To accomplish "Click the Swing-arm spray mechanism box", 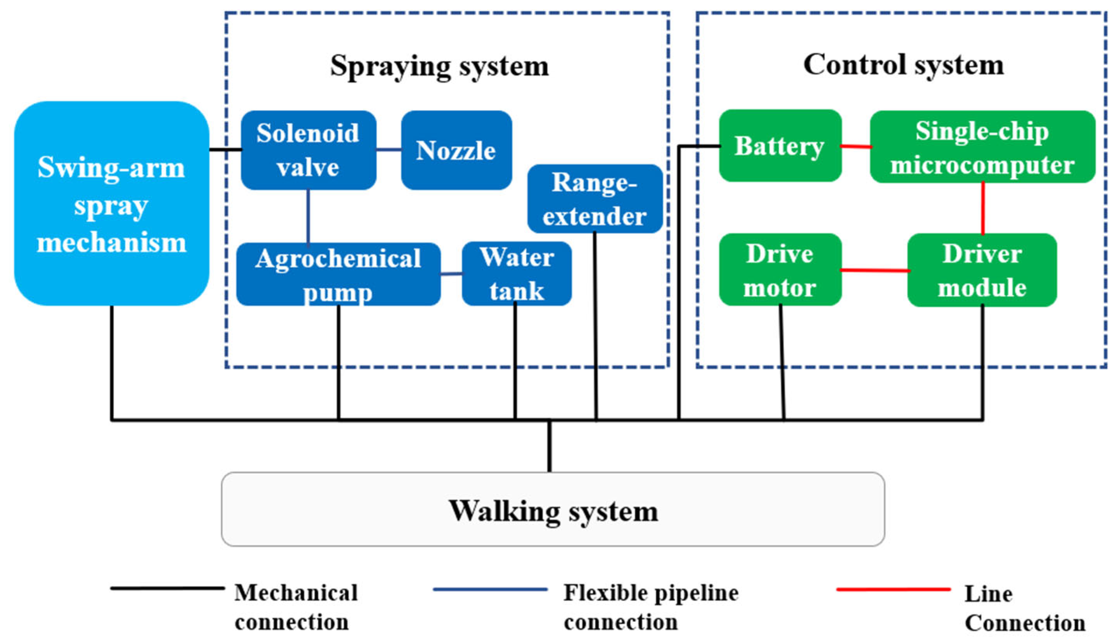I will tap(111, 204).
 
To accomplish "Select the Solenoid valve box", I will tap(308, 150).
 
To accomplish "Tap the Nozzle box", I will tap(456, 150).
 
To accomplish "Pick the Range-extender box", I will tap(595, 199).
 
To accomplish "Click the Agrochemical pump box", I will tap(338, 274).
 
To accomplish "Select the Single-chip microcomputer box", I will tap(982, 147).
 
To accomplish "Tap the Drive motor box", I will tap(780, 270).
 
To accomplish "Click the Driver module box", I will tap(982, 270).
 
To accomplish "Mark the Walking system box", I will tap(553, 509).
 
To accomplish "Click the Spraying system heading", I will tap(439, 66).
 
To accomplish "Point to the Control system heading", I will tap(903, 65).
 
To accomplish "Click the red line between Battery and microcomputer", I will tap(856, 147).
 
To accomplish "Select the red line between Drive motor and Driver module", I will tap(874, 270).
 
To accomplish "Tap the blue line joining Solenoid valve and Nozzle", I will tap(389, 150).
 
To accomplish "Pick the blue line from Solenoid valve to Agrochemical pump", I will tap(308, 217).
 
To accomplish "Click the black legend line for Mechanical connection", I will tap(167, 588).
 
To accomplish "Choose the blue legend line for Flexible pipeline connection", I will tap(490, 589).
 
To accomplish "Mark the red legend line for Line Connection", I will tap(893, 589).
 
